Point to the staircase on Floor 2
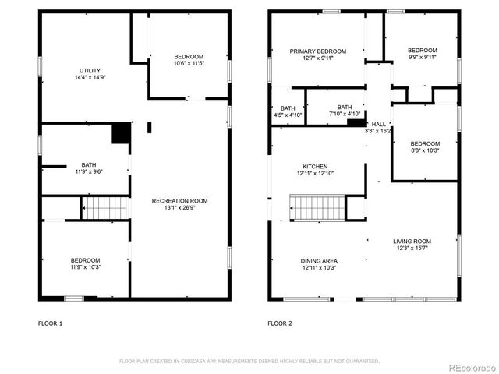point(316,208)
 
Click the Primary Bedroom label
point(317,51)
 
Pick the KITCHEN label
point(315,166)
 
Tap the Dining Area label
point(319,261)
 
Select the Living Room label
point(412,242)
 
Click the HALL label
point(378,124)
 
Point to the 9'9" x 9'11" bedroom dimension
point(423,57)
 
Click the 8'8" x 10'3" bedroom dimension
point(425,150)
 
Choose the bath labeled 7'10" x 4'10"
point(345,115)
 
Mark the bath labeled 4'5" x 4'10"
point(288,115)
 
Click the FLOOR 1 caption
point(51,323)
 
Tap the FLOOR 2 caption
point(280,323)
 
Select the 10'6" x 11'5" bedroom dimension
point(189,63)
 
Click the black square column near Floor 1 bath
point(121,133)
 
